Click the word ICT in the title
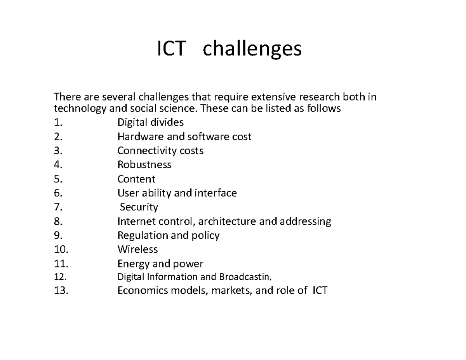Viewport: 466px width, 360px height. [x=170, y=49]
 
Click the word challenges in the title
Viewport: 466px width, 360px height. [x=252, y=49]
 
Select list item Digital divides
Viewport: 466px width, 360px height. [x=150, y=123]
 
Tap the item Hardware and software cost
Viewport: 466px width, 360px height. [x=184, y=137]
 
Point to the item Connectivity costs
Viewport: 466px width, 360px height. [x=160, y=151]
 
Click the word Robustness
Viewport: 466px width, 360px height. [x=144, y=165]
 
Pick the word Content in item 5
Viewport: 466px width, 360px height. [x=136, y=179]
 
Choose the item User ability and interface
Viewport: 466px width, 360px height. [x=177, y=193]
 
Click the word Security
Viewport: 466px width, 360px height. [x=139, y=207]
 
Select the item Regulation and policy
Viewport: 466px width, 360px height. [x=168, y=235]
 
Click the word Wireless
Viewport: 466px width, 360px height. [x=137, y=249]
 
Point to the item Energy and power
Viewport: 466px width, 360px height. [x=160, y=264]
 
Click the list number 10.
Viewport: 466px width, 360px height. [x=61, y=249]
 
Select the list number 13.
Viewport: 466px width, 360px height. [x=61, y=290]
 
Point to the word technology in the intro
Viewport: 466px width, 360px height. [x=80, y=109]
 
